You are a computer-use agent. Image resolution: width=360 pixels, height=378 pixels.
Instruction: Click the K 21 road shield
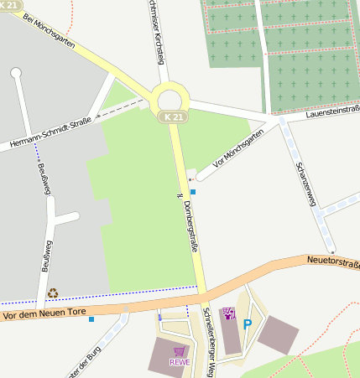172,118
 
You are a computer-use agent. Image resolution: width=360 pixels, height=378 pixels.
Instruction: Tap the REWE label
180,362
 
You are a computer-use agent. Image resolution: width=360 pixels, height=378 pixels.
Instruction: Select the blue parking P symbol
248,324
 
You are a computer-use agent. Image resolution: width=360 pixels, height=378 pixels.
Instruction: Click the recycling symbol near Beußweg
53,293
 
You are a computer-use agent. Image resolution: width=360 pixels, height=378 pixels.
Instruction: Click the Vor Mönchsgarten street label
238,148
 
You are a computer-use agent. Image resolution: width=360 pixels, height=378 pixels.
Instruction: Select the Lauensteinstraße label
333,111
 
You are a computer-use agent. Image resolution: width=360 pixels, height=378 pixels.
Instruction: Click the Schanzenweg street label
305,177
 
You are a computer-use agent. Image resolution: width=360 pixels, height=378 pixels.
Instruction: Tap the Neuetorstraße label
333,264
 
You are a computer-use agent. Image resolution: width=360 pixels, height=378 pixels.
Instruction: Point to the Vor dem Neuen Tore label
44,312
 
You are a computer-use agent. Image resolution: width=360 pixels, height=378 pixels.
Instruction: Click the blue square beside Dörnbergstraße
193,192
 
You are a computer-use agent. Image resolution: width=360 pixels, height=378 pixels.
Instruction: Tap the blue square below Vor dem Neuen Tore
91,318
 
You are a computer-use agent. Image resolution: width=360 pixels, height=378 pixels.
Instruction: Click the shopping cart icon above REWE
179,351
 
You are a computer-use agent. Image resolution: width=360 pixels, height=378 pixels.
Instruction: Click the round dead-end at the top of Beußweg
15,73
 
